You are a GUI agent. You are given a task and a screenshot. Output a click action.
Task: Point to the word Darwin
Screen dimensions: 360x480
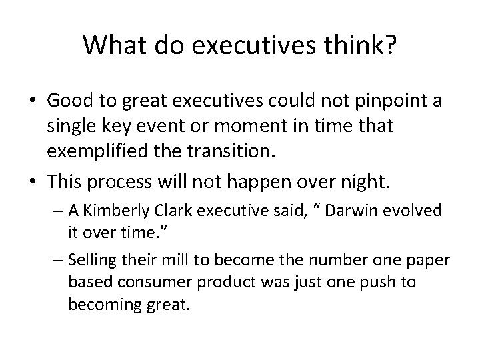(348, 211)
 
